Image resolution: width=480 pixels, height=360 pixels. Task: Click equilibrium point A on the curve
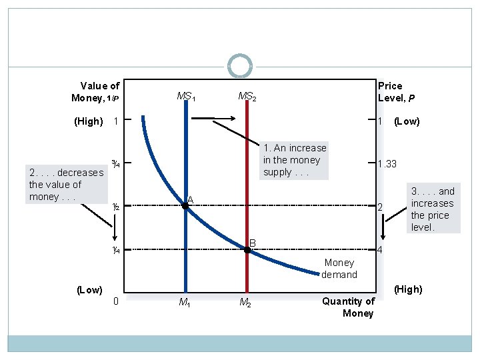[x=185, y=207]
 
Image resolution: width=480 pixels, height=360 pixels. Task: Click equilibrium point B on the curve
[x=247, y=249]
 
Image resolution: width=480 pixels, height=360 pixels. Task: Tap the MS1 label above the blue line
[x=185, y=97]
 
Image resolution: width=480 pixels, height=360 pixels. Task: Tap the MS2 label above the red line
[x=247, y=97]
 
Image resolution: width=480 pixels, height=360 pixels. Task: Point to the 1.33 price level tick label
[x=387, y=164]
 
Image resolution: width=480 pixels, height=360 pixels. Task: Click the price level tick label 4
[x=379, y=251]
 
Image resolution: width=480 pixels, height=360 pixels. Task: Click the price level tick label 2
[x=379, y=208]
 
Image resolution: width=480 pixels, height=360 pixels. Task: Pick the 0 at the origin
[x=116, y=301]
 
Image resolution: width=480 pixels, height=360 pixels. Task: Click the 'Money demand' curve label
[x=339, y=269]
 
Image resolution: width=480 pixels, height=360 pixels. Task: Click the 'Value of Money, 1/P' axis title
[x=96, y=92]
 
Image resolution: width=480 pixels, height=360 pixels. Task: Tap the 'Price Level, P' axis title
[x=397, y=92]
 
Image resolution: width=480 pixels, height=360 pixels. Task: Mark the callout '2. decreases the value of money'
[x=65, y=185]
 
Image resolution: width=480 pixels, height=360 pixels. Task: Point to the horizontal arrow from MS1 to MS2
[x=213, y=119]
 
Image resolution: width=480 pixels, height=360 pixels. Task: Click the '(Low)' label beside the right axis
[x=407, y=121]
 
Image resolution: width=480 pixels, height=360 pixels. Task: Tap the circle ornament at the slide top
[x=240, y=66]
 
